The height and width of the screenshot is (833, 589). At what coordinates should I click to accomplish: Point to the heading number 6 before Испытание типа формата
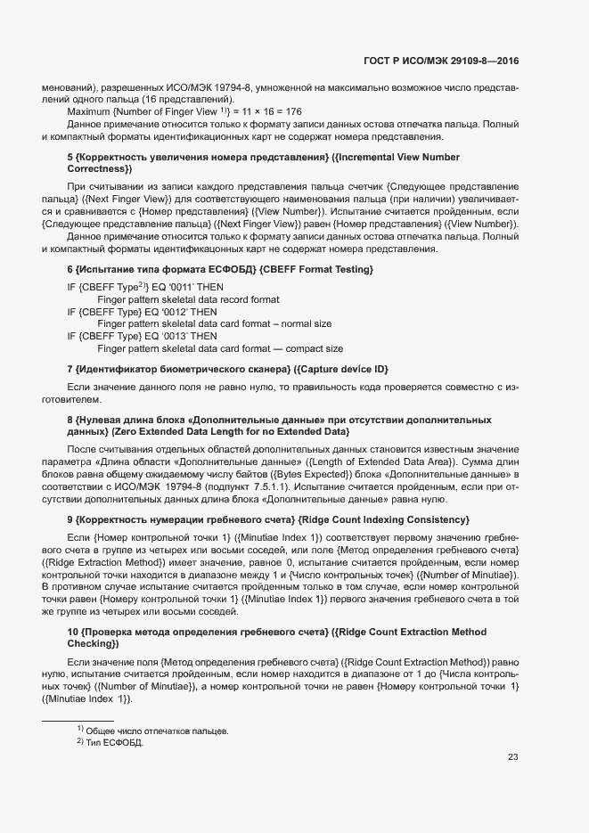[70, 269]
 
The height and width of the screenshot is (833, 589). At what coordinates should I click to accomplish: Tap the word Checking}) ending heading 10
[98, 643]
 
